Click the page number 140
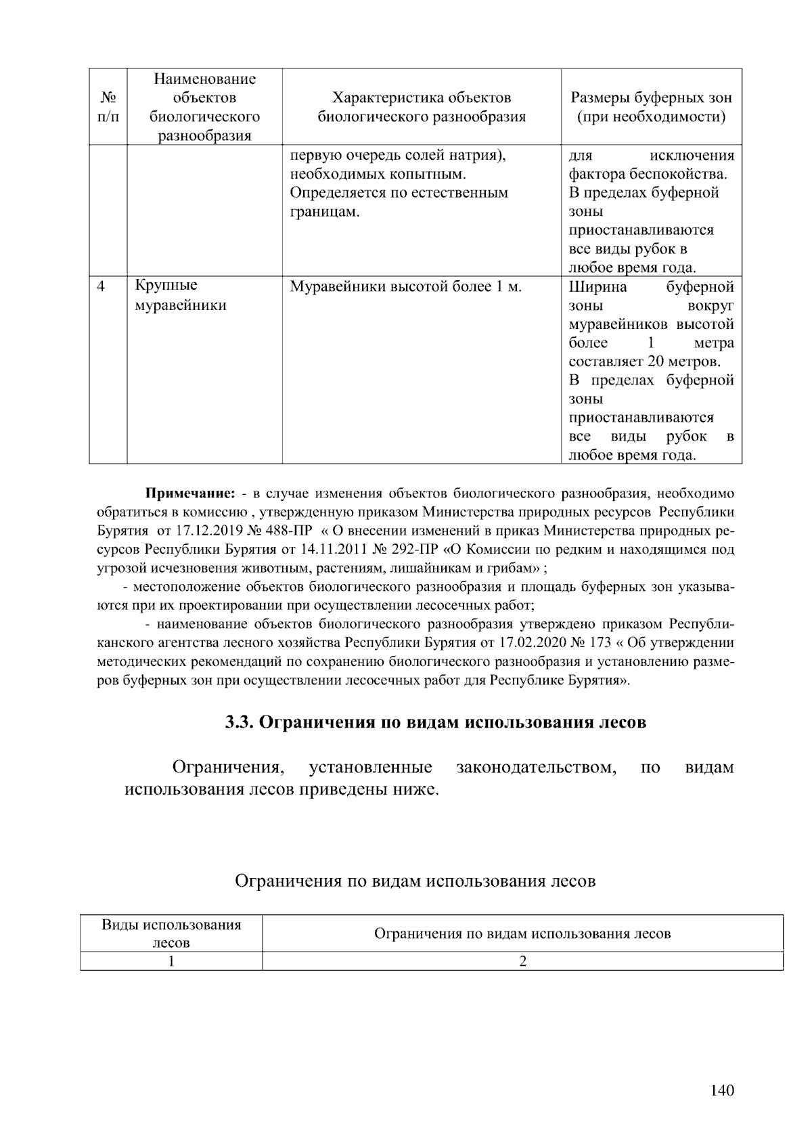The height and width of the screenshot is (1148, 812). click(x=722, y=1090)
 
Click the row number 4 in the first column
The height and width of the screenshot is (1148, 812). click(x=101, y=286)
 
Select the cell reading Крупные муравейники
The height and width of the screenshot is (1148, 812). click(x=180, y=296)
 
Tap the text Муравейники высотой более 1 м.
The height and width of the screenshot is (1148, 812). click(x=405, y=287)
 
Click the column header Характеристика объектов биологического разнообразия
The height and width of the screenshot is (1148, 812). click(x=422, y=108)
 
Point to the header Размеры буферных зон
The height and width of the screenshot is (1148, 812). click(x=651, y=99)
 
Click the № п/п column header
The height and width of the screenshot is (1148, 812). click(x=108, y=108)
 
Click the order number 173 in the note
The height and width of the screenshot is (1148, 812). click(x=600, y=642)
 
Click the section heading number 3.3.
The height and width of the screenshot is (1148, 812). click(x=239, y=722)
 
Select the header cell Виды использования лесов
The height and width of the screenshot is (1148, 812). click(x=171, y=933)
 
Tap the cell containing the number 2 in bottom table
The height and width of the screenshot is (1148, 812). click(x=522, y=961)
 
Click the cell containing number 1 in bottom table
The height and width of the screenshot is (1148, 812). click(x=171, y=961)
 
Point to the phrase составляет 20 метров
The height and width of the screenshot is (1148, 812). click(x=644, y=361)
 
